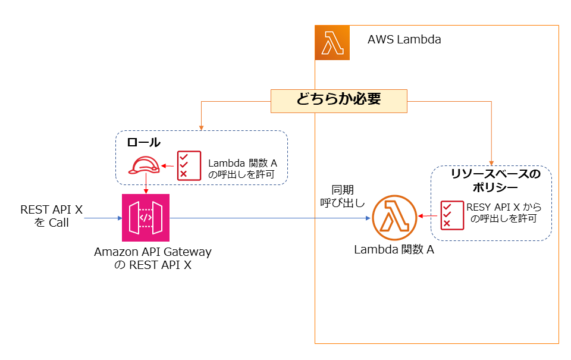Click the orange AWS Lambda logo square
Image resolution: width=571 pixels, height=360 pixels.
(x=332, y=43)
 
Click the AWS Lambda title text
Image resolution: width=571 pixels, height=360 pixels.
(x=404, y=40)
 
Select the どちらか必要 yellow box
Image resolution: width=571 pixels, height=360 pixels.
(x=338, y=101)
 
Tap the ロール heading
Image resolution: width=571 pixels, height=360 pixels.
(x=143, y=143)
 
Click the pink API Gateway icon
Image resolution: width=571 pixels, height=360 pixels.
(x=146, y=217)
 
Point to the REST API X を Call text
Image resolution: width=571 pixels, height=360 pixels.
(x=51, y=216)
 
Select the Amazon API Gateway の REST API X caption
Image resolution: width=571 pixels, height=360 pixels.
(x=153, y=258)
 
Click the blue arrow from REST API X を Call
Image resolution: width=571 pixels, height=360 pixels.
(x=102, y=218)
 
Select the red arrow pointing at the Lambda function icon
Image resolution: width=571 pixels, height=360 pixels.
(x=424, y=216)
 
